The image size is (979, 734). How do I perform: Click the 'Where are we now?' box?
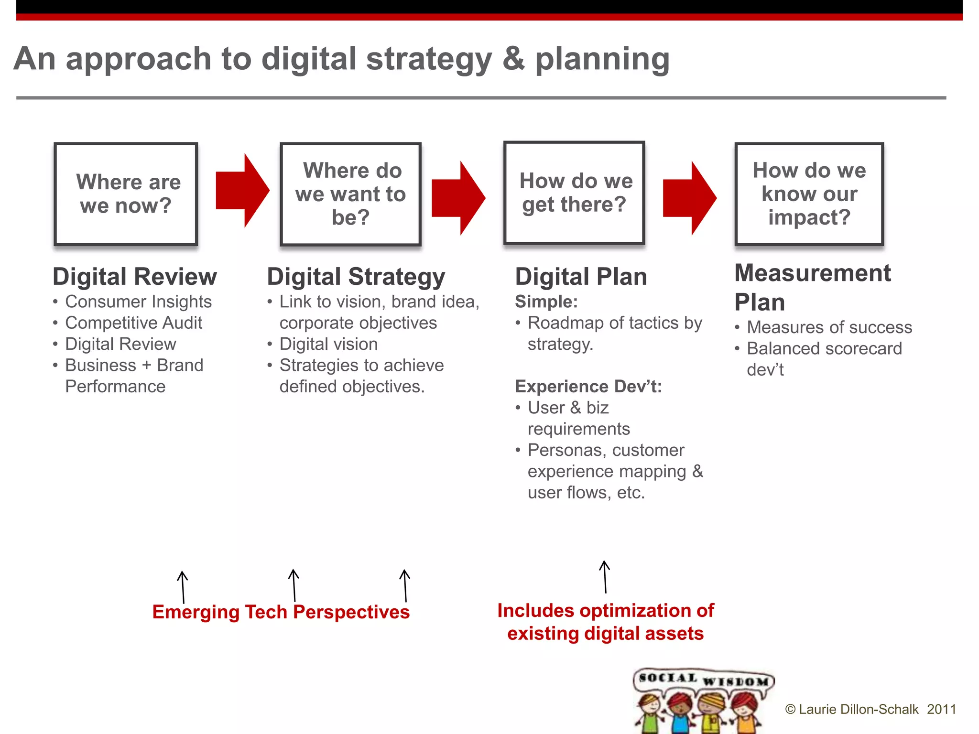[126, 194]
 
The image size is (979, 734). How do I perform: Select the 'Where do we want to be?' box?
[350, 194]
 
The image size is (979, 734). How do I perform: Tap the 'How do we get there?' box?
[574, 193]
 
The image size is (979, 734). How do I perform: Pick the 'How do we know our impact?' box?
[809, 194]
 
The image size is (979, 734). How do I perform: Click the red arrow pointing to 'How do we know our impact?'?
[689, 198]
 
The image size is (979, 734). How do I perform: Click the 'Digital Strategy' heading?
[356, 277]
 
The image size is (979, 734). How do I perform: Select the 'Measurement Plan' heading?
[812, 287]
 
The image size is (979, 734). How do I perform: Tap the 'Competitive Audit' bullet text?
[133, 323]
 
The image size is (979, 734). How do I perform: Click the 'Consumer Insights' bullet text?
[138, 302]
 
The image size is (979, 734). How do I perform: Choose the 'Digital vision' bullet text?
[328, 344]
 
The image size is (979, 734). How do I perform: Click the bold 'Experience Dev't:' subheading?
[588, 386]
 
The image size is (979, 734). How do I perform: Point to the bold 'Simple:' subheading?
[546, 302]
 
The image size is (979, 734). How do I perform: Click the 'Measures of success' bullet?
[829, 327]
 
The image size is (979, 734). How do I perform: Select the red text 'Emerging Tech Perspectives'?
[281, 612]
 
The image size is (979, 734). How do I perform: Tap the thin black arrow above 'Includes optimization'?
[605, 577]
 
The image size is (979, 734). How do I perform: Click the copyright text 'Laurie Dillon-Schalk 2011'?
[870, 709]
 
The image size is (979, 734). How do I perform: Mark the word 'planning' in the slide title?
[602, 59]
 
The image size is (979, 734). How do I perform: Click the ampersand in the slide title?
[513, 58]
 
